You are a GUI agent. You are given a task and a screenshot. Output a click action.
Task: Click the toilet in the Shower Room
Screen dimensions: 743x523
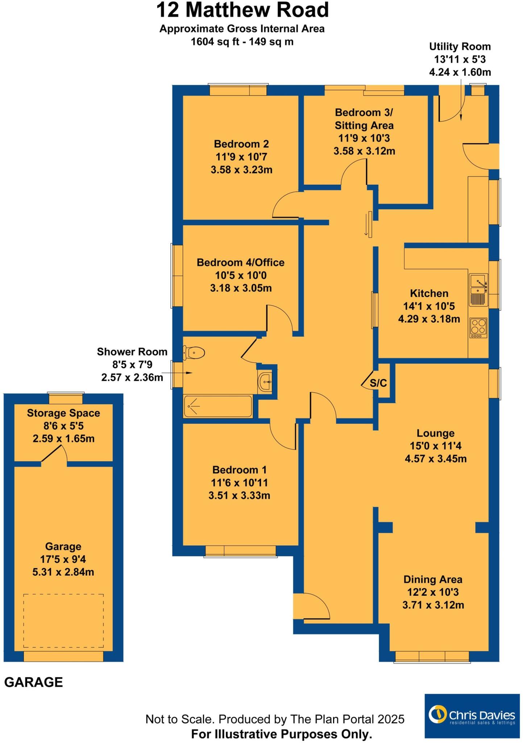195,352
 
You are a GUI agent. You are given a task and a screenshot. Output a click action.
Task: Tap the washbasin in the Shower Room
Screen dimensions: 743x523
265,382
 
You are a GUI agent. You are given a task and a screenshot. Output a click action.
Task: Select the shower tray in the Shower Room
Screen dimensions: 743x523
217,406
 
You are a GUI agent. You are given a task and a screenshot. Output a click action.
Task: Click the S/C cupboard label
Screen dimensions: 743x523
378,383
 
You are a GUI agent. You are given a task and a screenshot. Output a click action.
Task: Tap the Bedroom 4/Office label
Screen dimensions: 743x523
240,262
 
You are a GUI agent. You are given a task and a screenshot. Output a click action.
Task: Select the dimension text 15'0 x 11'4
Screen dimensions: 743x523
435,446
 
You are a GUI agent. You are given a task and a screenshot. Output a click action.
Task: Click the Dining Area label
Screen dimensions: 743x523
433,579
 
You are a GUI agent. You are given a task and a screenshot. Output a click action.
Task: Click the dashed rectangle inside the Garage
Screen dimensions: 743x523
63,620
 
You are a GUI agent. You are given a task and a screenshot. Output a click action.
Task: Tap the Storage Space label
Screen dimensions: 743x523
63,413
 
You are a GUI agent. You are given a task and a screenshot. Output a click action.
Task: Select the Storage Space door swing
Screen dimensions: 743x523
54,453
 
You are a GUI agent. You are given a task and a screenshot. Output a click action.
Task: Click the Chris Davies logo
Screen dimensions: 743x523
472,716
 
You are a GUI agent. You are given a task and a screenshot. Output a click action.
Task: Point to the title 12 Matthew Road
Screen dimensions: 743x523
242,10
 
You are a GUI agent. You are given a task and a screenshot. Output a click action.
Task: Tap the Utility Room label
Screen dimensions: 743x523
460,46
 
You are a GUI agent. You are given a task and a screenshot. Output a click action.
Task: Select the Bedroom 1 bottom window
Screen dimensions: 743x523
240,550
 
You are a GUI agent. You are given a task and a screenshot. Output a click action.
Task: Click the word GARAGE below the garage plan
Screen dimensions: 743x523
33,682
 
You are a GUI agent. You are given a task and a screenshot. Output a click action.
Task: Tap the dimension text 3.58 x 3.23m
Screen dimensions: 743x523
241,169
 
